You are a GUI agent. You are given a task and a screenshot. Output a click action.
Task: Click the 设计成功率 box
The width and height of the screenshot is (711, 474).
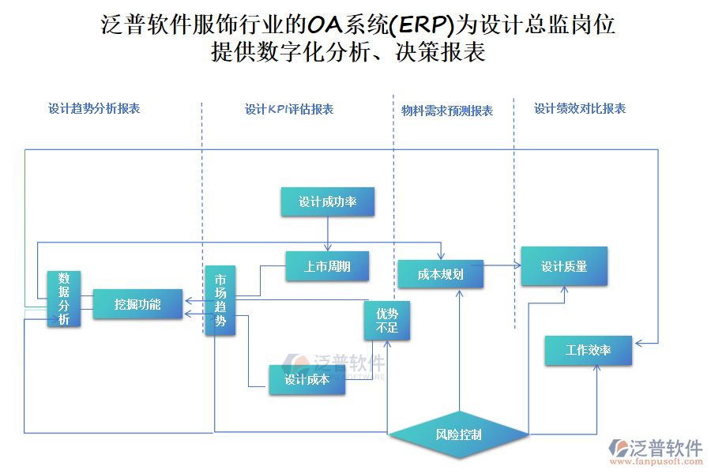[x=327, y=202]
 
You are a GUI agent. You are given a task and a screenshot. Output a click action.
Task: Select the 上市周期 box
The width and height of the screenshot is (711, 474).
[x=327, y=266]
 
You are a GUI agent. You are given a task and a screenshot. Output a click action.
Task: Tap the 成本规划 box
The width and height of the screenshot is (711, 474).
[x=440, y=274]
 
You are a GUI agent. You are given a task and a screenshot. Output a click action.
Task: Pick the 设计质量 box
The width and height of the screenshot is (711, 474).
[x=564, y=266]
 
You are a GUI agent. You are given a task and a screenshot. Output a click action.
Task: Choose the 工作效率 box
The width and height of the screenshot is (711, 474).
[x=588, y=350]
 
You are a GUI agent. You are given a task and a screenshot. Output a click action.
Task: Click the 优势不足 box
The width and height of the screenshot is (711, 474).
[x=387, y=321]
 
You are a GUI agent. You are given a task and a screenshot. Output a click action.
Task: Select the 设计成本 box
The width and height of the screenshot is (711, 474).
[x=307, y=380]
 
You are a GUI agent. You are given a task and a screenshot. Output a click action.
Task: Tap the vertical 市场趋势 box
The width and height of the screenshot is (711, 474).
[x=220, y=300]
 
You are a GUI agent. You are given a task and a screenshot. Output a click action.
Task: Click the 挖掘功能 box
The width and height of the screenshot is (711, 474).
[x=137, y=304]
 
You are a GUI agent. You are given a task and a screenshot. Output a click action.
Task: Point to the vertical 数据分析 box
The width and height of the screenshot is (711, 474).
[x=64, y=299]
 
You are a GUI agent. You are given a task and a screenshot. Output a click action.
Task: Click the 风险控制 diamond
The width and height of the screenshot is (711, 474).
[x=458, y=434]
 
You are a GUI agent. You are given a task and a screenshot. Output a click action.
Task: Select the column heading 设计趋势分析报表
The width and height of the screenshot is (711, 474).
[x=94, y=109]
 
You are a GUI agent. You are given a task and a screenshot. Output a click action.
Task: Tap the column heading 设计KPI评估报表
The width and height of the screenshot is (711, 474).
[x=289, y=110]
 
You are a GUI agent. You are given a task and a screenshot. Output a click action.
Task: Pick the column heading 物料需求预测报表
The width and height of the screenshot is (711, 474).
[x=447, y=111]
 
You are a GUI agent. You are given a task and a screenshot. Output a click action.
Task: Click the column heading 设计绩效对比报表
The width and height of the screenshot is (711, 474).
[x=580, y=109]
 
